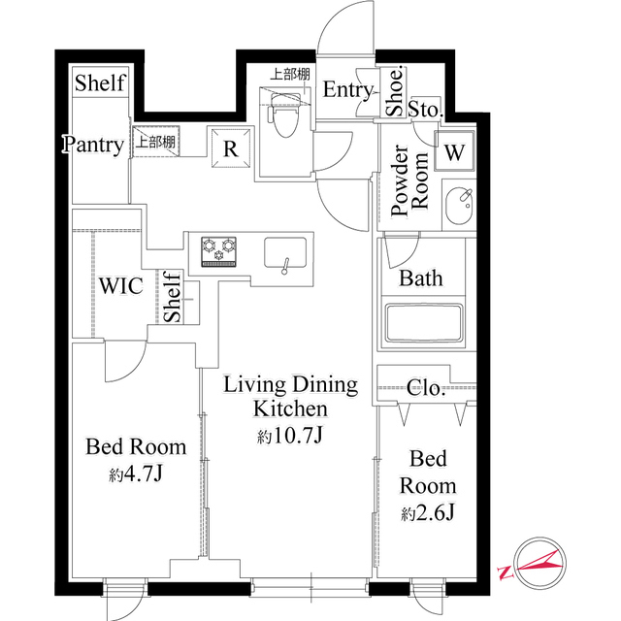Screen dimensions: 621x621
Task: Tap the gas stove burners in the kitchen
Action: (219, 250)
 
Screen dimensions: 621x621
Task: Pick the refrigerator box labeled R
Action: (232, 148)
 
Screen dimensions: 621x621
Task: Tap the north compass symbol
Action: (536, 562)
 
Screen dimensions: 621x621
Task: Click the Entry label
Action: (347, 90)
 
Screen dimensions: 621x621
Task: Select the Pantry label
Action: (94, 146)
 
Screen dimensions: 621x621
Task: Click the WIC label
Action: (121, 286)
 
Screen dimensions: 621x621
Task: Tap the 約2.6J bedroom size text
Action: (426, 511)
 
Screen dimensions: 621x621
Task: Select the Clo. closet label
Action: (426, 389)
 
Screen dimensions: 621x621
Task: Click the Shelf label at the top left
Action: (100, 82)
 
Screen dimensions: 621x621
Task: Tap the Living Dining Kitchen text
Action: (290, 397)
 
